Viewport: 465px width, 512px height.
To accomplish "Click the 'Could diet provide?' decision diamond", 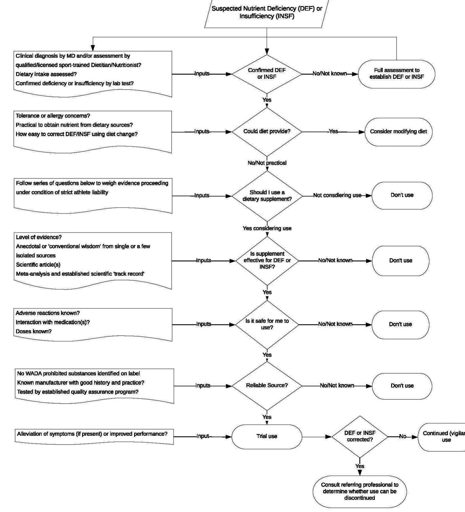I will pyautogui.click(x=267, y=132).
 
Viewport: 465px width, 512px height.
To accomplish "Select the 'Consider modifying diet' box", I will pyautogui.click(x=398, y=132).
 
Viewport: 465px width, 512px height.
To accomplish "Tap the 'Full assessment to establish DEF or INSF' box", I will pyautogui.click(x=396, y=74).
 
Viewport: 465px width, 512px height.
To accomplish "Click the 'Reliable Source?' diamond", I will pyautogui.click(x=267, y=385).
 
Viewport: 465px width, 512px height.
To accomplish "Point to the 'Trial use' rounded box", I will pyautogui.click(x=267, y=436).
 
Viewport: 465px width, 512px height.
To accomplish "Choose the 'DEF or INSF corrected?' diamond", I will pyautogui.click(x=360, y=436).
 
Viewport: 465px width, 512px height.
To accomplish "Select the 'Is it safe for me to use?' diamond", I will pyautogui.click(x=267, y=324).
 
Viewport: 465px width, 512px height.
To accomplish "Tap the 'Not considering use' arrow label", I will pyautogui.click(x=337, y=195).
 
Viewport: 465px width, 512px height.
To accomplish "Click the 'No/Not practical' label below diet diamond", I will pyautogui.click(x=267, y=163).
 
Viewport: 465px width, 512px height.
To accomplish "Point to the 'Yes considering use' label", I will pyautogui.click(x=267, y=228).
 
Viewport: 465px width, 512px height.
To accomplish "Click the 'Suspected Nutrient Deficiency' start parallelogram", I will pyautogui.click(x=267, y=13).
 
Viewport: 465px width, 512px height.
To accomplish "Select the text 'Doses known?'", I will pyautogui.click(x=34, y=331).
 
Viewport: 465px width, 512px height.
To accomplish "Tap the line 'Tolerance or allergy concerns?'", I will pyautogui.click(x=53, y=116).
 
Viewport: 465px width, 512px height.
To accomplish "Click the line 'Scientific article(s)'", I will pyautogui.click(x=38, y=265).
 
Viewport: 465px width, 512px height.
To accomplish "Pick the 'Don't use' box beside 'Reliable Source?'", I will pyautogui.click(x=402, y=386).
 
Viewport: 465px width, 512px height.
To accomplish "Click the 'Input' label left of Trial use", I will pyautogui.click(x=202, y=436).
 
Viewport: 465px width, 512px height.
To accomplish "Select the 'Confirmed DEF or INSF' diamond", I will pyautogui.click(x=267, y=74).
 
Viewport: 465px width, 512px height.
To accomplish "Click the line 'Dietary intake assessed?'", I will pyautogui.click(x=46, y=74).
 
